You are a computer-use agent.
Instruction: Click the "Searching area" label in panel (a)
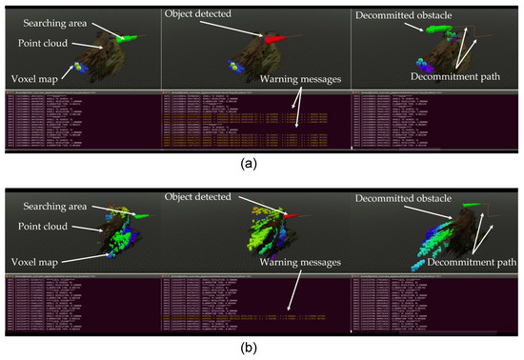point(56,21)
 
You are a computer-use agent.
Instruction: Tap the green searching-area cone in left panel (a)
point(126,38)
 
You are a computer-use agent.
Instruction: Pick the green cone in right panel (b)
point(466,207)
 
